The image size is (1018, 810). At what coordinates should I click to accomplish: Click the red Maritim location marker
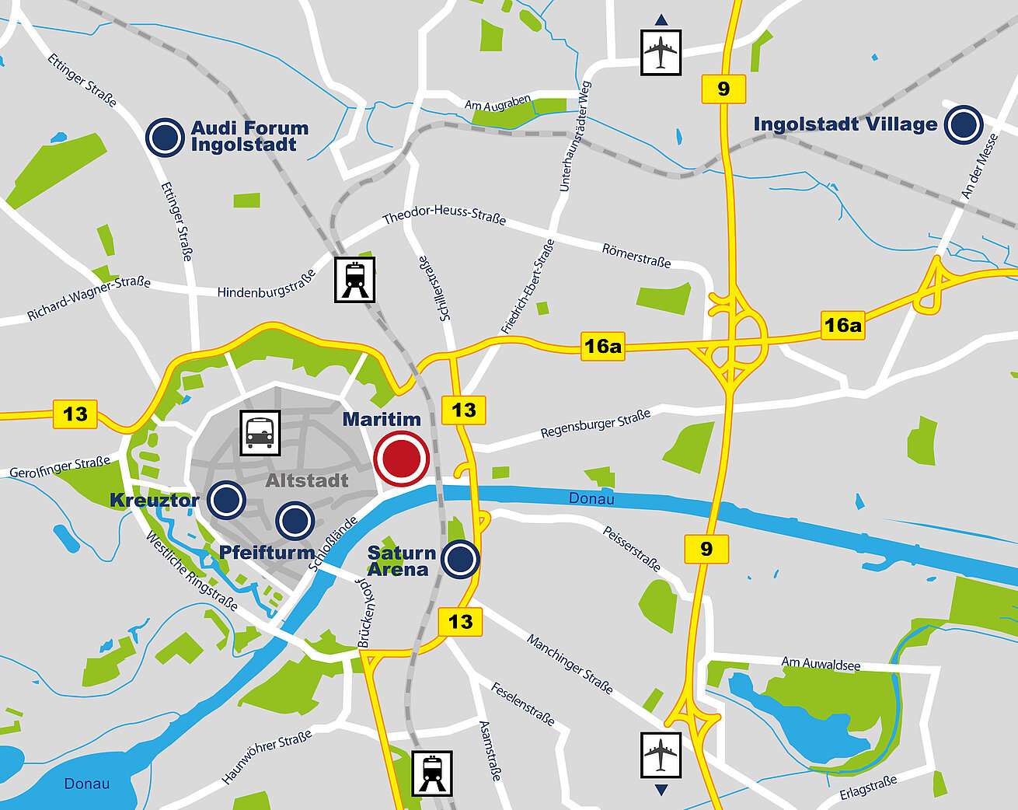[401, 459]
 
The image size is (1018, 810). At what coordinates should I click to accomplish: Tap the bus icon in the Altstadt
[260, 433]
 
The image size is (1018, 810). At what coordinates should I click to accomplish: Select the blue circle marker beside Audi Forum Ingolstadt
[166, 137]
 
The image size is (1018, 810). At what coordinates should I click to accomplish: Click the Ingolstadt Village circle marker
[964, 124]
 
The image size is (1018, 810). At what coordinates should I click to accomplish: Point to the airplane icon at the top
[661, 53]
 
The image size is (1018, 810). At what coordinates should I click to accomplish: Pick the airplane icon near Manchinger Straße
[661, 754]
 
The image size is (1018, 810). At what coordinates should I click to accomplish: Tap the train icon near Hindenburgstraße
[354, 280]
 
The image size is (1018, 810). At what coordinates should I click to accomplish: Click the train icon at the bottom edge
[432, 772]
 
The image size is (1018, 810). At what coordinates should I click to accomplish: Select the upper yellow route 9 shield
[723, 89]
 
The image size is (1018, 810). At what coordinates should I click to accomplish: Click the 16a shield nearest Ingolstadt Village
[843, 325]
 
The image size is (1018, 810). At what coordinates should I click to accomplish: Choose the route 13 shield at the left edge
[75, 414]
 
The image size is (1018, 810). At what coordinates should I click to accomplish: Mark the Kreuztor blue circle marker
[226, 500]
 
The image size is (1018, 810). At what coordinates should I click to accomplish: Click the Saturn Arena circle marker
[460, 559]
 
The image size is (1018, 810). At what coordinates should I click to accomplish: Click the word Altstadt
[307, 480]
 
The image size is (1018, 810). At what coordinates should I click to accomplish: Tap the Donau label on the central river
[591, 498]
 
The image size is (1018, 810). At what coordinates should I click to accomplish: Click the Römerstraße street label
[636, 256]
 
